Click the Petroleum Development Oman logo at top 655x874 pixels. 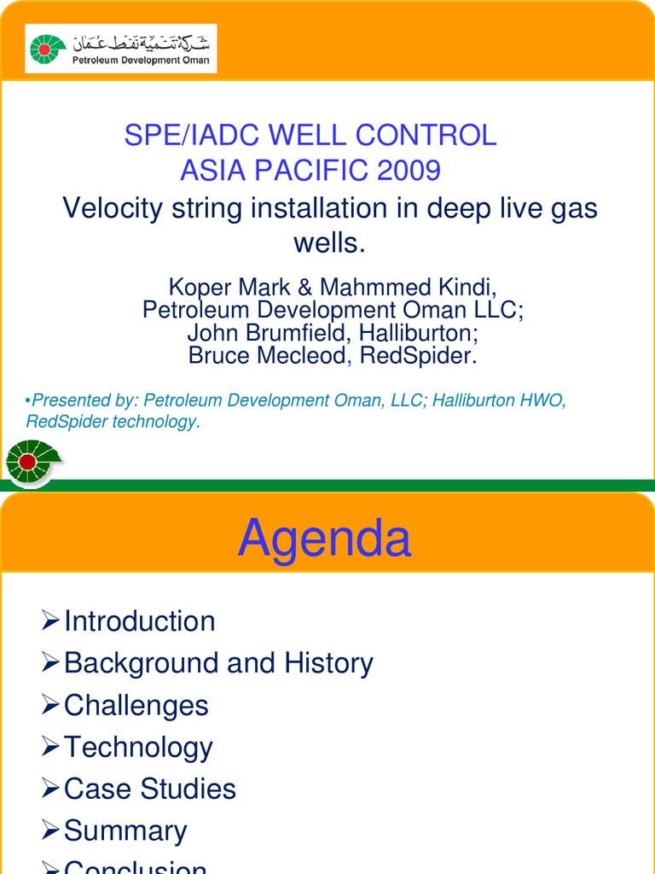coord(120,49)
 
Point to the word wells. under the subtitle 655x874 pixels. coord(329,243)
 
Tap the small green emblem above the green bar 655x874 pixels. coord(31,462)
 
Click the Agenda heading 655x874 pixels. coord(324,539)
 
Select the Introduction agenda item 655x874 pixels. coord(139,621)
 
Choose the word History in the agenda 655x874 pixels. coord(328,663)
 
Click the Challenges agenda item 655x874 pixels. coord(136,705)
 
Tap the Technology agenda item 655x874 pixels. coord(138,748)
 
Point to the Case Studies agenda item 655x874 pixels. coord(149,789)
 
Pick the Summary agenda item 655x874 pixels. coord(125,830)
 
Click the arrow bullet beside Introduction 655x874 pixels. coord(51,621)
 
